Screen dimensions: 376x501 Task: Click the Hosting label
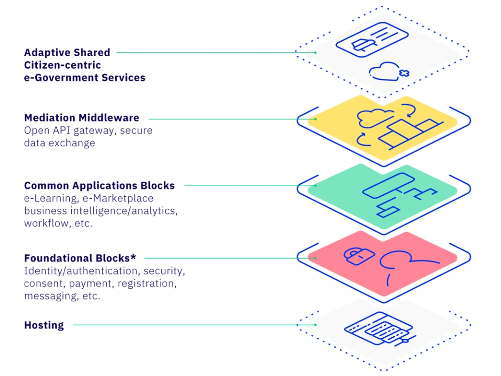[x=44, y=325]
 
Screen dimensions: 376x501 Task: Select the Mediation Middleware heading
[x=81, y=118]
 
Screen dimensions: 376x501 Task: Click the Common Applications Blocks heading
[x=99, y=186]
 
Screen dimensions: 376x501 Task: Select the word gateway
[x=93, y=130]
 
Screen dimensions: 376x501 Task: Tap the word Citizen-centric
[x=63, y=65]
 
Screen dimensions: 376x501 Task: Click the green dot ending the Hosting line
[x=315, y=325]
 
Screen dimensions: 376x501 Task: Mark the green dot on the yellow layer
[x=315, y=118]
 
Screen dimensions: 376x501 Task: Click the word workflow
[x=45, y=223]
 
